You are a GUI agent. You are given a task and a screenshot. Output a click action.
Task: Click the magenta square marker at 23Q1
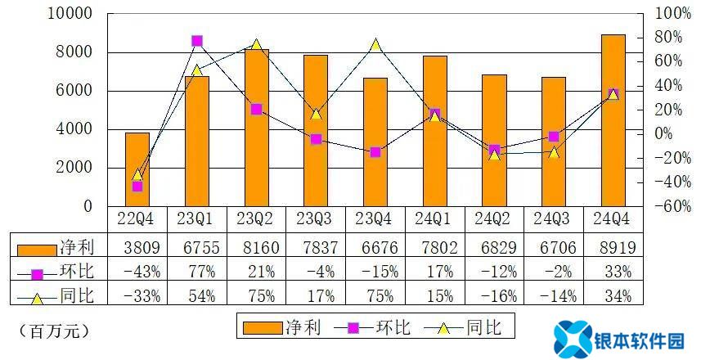(x=197, y=41)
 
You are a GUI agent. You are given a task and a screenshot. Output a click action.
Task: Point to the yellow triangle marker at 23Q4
(x=375, y=45)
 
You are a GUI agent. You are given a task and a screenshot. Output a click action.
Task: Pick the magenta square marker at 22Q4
(x=137, y=187)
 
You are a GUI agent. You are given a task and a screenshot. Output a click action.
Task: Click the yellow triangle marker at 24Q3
(x=554, y=151)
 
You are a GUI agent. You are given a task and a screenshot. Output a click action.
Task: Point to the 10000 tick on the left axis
(x=74, y=14)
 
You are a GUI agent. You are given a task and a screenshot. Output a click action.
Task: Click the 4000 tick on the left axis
(x=79, y=129)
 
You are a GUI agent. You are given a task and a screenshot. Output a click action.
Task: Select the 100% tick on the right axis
(x=674, y=14)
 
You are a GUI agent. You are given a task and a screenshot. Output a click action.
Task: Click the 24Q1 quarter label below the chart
(x=434, y=220)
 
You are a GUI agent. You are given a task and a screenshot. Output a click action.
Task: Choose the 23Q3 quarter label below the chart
(x=316, y=220)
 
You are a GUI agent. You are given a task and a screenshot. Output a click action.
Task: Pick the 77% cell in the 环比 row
(x=197, y=272)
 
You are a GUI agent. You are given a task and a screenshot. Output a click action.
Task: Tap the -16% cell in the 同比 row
(x=494, y=297)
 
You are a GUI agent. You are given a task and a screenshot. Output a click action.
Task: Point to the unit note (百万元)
(x=53, y=331)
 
